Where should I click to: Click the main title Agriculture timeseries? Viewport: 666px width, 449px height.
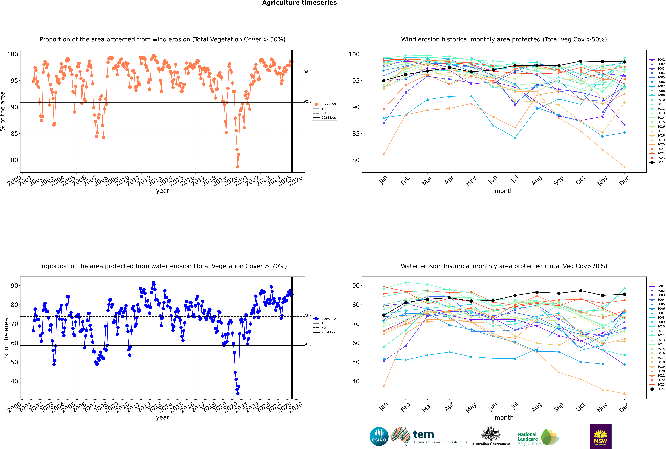[299, 3]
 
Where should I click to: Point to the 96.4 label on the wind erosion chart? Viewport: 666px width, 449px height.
[308, 72]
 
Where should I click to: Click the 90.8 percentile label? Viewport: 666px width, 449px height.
[308, 102]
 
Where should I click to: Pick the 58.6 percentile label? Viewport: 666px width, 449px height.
[308, 344]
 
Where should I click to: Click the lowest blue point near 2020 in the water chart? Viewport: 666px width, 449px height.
[238, 393]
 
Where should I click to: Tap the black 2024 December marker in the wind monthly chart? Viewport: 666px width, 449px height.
[624, 62]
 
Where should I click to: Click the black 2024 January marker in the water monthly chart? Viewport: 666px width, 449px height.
[384, 315]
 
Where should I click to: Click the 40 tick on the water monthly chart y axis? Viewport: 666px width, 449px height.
[356, 381]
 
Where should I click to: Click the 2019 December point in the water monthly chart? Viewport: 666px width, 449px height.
[624, 393]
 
